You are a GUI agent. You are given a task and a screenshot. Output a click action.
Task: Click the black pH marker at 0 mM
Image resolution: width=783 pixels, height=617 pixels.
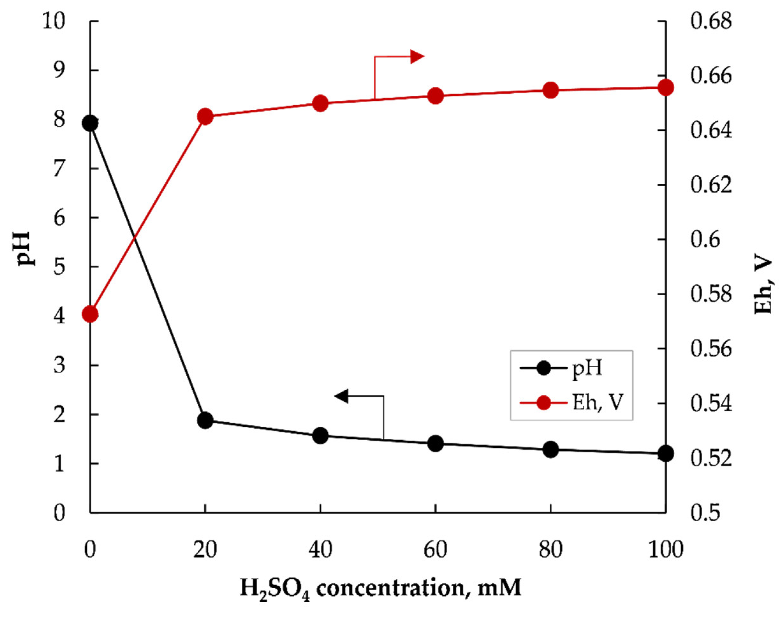click(90, 123)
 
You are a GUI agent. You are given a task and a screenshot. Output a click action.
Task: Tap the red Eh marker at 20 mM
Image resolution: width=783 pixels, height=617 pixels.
click(205, 117)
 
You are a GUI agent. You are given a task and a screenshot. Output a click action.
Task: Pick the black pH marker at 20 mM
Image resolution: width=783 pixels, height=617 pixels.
click(205, 421)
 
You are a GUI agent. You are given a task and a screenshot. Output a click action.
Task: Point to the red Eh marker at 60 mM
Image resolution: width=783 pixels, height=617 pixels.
click(435, 96)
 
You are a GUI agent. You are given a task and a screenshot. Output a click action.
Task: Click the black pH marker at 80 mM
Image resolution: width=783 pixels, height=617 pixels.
click(550, 450)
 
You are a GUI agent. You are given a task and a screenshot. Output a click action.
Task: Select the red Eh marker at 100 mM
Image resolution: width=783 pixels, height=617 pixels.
click(666, 88)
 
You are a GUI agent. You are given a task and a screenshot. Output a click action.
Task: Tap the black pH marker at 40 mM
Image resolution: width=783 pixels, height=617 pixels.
click(320, 436)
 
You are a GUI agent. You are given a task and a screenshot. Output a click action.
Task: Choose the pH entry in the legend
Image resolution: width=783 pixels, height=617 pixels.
click(587, 369)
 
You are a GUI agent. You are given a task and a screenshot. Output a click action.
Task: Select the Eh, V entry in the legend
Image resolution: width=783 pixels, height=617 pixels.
click(598, 402)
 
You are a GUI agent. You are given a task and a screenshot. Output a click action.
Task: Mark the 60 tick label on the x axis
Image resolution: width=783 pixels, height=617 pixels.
click(435, 550)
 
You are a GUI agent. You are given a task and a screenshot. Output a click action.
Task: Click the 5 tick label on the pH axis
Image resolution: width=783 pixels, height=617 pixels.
click(59, 267)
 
